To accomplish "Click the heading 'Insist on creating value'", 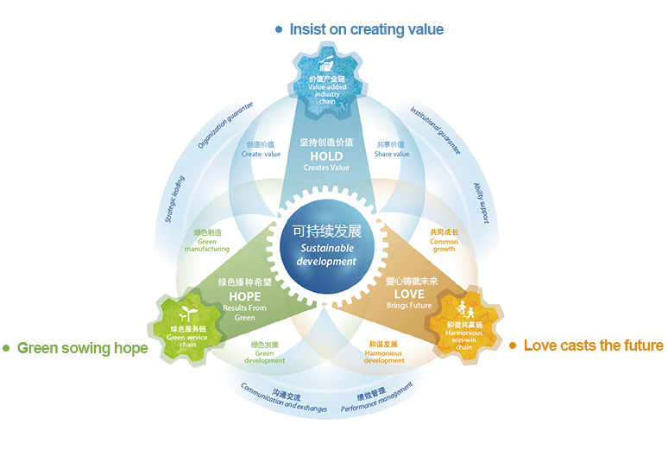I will coord(366,29).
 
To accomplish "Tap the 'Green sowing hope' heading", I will coord(82,348).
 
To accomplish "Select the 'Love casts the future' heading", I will coord(593,345).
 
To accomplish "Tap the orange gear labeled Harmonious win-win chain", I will coord(463,322).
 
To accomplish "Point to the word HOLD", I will coord(326,156).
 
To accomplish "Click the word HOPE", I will coord(244,295).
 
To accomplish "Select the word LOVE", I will coord(406,295).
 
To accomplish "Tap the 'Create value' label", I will coord(261,149).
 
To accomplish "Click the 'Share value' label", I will coord(392,149).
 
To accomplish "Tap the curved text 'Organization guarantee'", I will coord(225,126).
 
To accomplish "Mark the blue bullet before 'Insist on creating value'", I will coord(279,29).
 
